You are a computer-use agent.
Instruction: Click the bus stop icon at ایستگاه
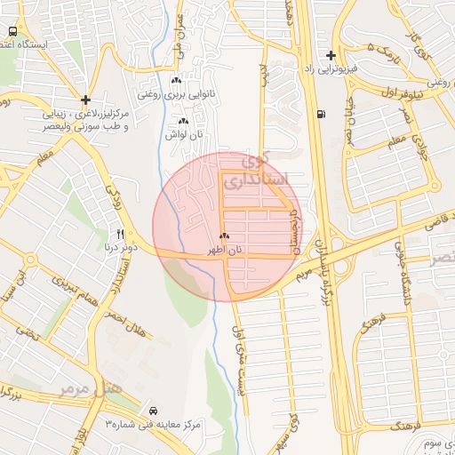[x=12, y=30]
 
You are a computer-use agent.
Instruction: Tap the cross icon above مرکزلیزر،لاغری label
[x=84, y=100]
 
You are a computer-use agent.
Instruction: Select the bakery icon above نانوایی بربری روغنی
[x=176, y=80]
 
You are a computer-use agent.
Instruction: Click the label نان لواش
[x=183, y=134]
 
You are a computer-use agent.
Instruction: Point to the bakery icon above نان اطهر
[x=224, y=237]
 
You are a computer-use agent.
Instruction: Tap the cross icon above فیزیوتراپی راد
[x=331, y=55]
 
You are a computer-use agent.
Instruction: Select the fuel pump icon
[x=320, y=114]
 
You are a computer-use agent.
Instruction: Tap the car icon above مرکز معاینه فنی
[x=155, y=411]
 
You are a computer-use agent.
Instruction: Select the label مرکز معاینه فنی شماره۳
[x=155, y=425]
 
